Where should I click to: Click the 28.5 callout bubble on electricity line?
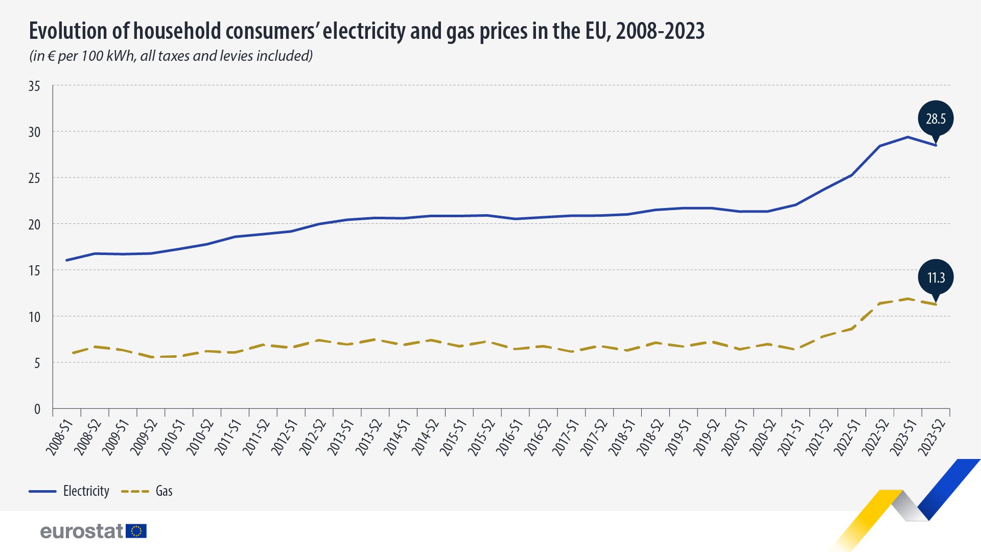[936, 119]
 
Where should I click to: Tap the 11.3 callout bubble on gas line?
[936, 278]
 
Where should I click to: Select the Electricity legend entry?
[69, 491]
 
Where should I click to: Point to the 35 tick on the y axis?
[34, 86]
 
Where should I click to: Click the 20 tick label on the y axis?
[34, 225]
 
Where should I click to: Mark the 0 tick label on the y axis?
[37, 409]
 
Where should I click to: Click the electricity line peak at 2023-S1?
[908, 137]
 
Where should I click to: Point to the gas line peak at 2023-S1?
[908, 298]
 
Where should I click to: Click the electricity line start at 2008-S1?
[67, 260]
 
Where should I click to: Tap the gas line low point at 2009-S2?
[151, 357]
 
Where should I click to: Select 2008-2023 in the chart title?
[660, 31]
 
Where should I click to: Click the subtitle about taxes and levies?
[171, 56]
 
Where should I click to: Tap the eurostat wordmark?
[82, 532]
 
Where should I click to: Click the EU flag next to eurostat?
[136, 531]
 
